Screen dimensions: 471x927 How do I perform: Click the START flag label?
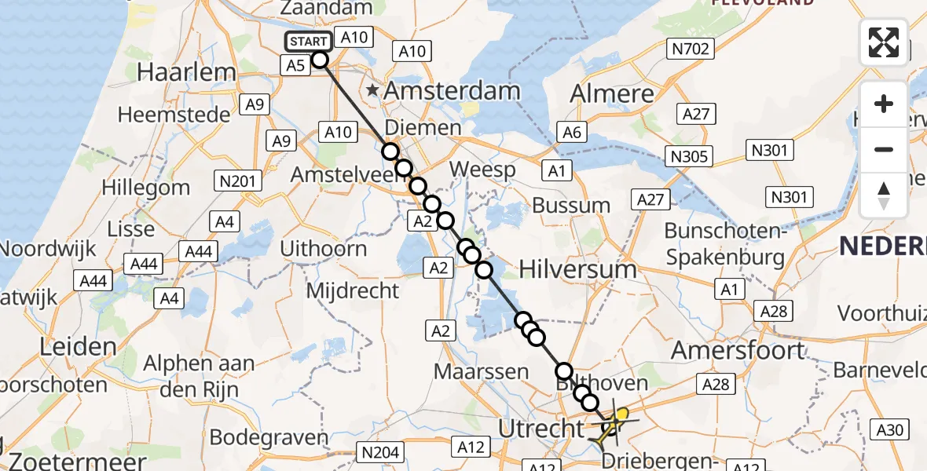point(308,42)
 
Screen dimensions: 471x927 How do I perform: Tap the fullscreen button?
point(884,42)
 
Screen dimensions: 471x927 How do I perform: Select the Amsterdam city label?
point(452,91)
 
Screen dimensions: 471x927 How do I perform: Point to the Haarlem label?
point(186,72)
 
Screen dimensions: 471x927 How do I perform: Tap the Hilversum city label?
point(577,269)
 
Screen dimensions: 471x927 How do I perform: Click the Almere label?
point(612,93)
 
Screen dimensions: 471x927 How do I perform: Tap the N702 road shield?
point(690,49)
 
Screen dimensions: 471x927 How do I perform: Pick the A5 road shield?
point(295,66)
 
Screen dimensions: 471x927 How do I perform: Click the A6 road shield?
point(572,133)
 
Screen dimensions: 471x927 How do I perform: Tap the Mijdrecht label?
point(353,290)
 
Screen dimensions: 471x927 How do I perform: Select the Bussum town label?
point(571,206)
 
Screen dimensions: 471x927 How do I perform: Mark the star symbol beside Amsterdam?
point(373,91)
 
